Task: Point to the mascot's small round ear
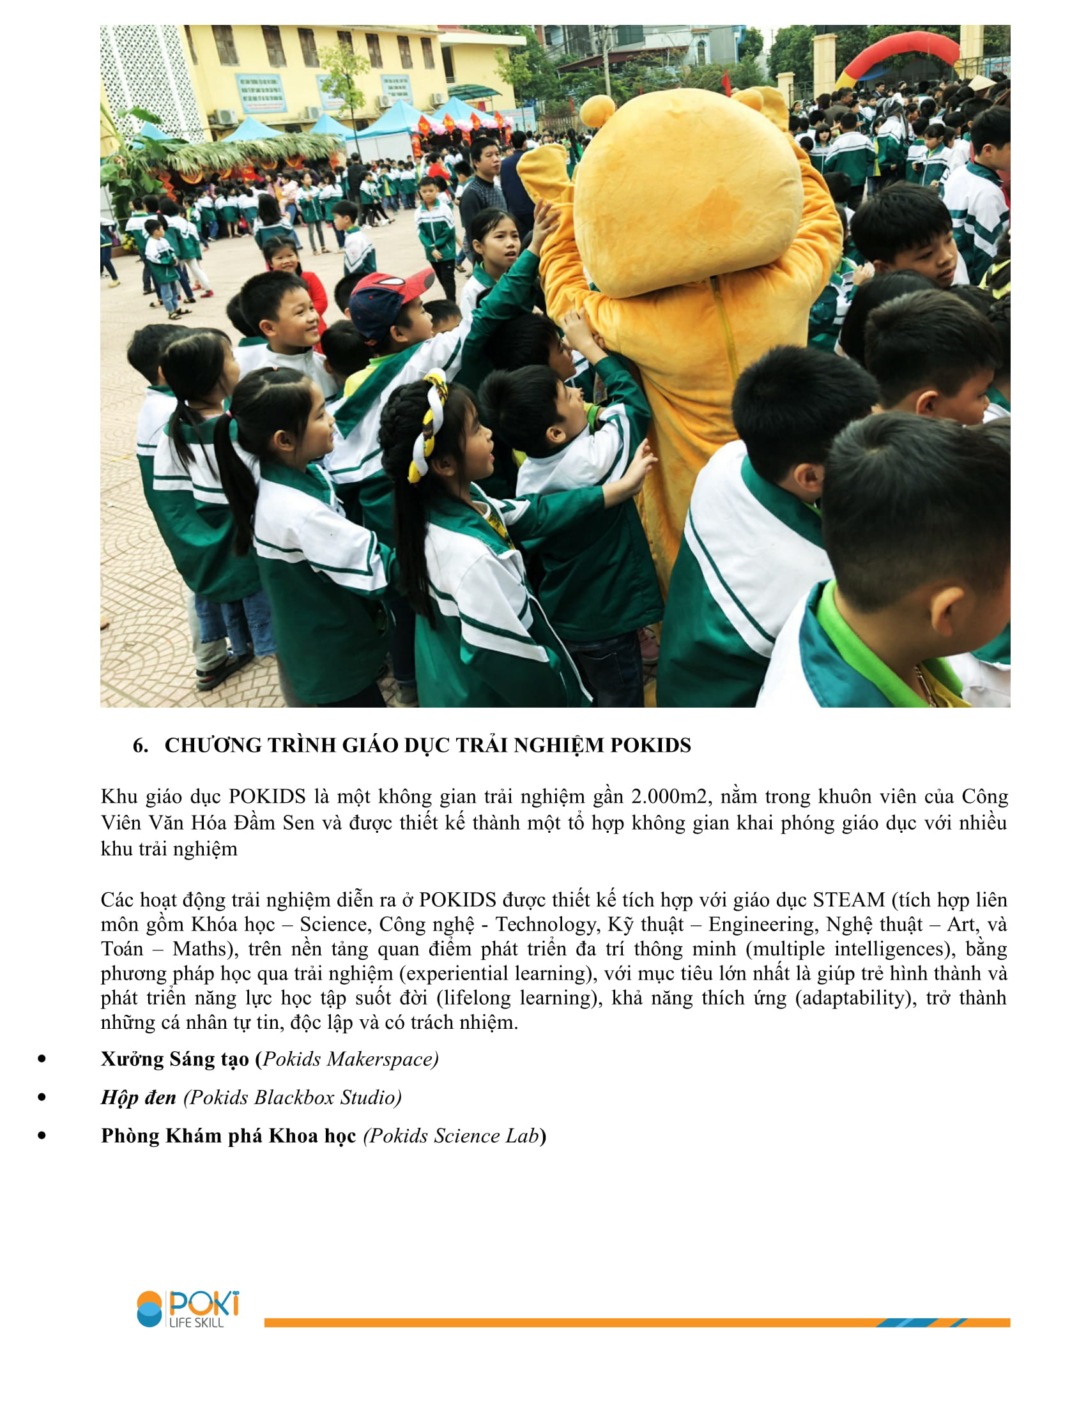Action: pos(597,110)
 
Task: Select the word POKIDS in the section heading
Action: pos(650,745)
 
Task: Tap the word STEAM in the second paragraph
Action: pos(848,899)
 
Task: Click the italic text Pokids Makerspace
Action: pos(350,1059)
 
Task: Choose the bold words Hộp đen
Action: pos(139,1097)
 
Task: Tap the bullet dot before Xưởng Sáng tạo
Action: pos(42,1059)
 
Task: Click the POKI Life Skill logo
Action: pos(188,1309)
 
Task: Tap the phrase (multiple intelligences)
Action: pos(850,949)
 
